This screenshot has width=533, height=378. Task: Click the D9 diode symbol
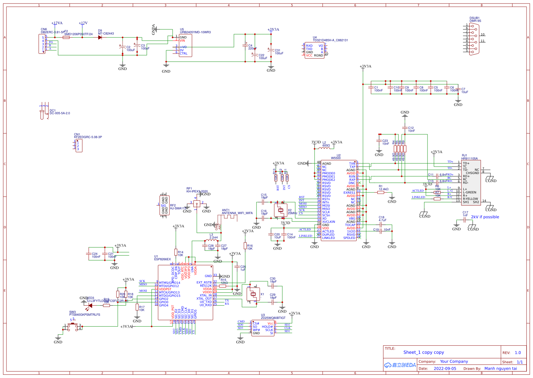(100, 37)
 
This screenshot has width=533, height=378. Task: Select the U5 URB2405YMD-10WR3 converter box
(186, 46)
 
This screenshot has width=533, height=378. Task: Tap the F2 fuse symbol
(66, 37)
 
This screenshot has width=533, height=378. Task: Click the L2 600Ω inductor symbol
(324, 148)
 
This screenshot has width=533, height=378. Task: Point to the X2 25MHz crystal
(281, 210)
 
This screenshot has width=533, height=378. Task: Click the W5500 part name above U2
(336, 158)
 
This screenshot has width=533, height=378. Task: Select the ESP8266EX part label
(162, 259)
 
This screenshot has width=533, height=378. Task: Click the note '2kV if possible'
(485, 217)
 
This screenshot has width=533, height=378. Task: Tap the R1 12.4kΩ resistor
(381, 192)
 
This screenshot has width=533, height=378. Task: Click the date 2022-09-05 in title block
(445, 369)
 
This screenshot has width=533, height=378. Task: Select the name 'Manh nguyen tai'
(500, 369)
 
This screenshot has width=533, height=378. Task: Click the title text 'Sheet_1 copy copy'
(423, 352)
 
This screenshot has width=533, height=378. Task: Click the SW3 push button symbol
(73, 326)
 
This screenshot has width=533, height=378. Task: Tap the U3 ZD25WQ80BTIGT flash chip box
(263, 328)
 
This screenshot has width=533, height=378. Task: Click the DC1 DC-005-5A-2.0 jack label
(60, 113)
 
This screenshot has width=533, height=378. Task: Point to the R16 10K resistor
(245, 246)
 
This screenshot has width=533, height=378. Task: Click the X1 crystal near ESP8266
(253, 294)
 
